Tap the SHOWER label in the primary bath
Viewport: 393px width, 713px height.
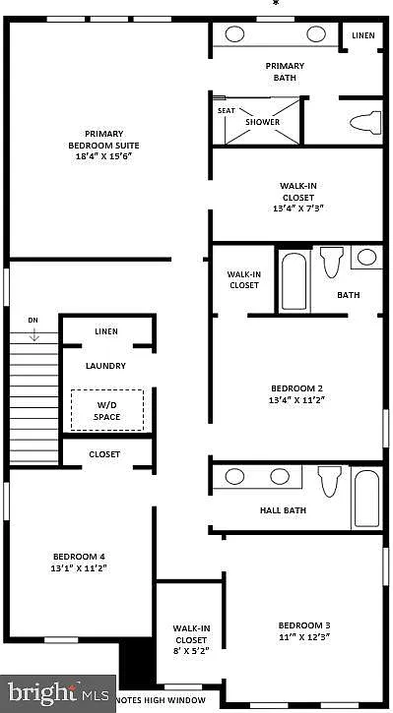[263, 122]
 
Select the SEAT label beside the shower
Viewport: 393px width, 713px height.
[227, 111]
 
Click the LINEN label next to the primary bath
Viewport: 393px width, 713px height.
[363, 36]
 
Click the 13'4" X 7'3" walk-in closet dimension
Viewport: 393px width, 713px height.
[297, 208]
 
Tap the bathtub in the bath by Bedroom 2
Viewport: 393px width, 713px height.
[294, 281]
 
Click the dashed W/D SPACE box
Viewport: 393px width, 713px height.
[106, 409]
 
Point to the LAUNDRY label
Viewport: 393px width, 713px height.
[105, 366]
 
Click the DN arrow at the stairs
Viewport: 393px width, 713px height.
[33, 333]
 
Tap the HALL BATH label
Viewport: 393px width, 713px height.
[283, 510]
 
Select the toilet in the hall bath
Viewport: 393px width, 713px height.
[328, 482]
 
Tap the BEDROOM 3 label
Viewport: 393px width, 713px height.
[303, 625]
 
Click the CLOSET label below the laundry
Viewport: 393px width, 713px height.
[104, 454]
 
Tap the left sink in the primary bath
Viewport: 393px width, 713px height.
[235, 34]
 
